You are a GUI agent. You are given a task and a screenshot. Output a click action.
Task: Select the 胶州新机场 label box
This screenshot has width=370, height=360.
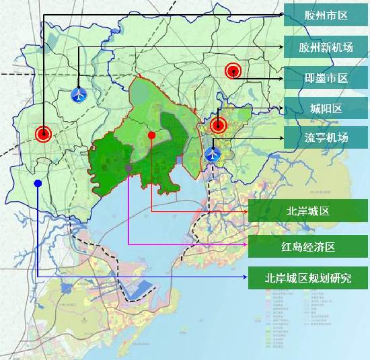[x=326, y=47]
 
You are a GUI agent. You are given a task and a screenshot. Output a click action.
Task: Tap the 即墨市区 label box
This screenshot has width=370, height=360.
[x=326, y=78]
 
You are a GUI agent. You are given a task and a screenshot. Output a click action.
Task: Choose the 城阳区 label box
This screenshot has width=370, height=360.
[x=326, y=108]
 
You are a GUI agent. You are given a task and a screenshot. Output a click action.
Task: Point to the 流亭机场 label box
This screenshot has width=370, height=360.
[x=326, y=138]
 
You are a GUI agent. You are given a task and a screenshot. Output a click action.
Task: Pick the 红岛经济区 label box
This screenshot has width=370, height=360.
[x=309, y=246]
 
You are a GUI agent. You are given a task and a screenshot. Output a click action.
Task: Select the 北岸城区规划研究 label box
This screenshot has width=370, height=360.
[x=309, y=277]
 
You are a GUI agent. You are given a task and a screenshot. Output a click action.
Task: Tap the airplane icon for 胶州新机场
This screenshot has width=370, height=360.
[x=79, y=94]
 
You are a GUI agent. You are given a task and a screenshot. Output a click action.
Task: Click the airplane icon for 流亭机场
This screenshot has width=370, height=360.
[x=213, y=154]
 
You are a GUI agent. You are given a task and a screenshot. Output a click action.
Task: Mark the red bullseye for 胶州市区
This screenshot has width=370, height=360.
[x=44, y=134]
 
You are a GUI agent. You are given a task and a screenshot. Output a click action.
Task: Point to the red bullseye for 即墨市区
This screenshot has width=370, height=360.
[x=233, y=69]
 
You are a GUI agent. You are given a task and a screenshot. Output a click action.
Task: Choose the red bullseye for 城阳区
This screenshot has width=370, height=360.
[x=217, y=124]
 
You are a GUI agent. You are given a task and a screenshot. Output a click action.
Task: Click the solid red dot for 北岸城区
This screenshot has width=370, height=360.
[x=151, y=135]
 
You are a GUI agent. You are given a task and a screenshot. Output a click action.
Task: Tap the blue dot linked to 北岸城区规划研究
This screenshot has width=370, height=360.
[x=38, y=183]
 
